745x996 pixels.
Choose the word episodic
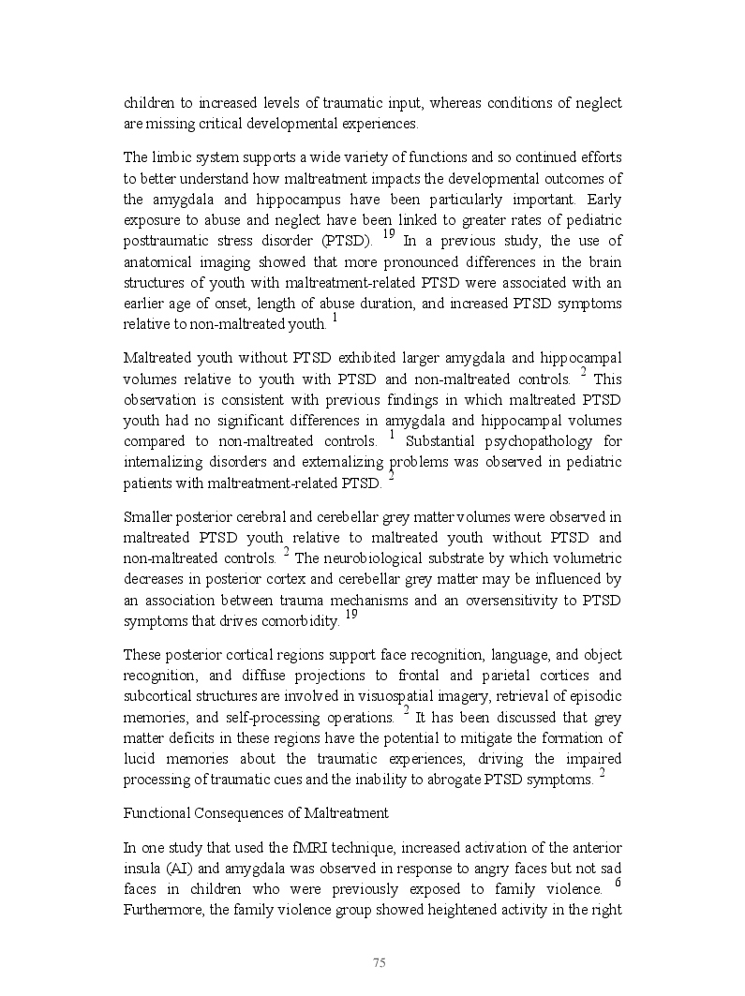pos(596,696)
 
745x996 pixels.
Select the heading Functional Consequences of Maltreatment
pos(256,813)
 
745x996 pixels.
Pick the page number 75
pos(380,963)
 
